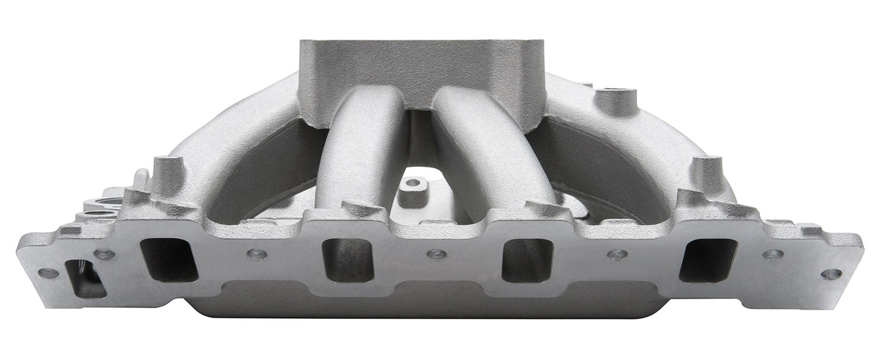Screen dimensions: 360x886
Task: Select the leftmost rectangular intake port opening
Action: click(x=169, y=259)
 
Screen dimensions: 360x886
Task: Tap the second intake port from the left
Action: click(x=348, y=260)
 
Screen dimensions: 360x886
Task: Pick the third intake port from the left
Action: click(x=528, y=260)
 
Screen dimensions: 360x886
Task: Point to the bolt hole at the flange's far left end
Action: click(x=47, y=273)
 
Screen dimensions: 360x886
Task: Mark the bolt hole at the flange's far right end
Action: click(x=831, y=274)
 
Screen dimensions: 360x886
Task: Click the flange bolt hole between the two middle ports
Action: click(x=437, y=253)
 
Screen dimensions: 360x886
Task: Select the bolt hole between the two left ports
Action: click(x=256, y=253)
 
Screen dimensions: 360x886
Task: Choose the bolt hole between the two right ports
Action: click(x=617, y=254)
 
